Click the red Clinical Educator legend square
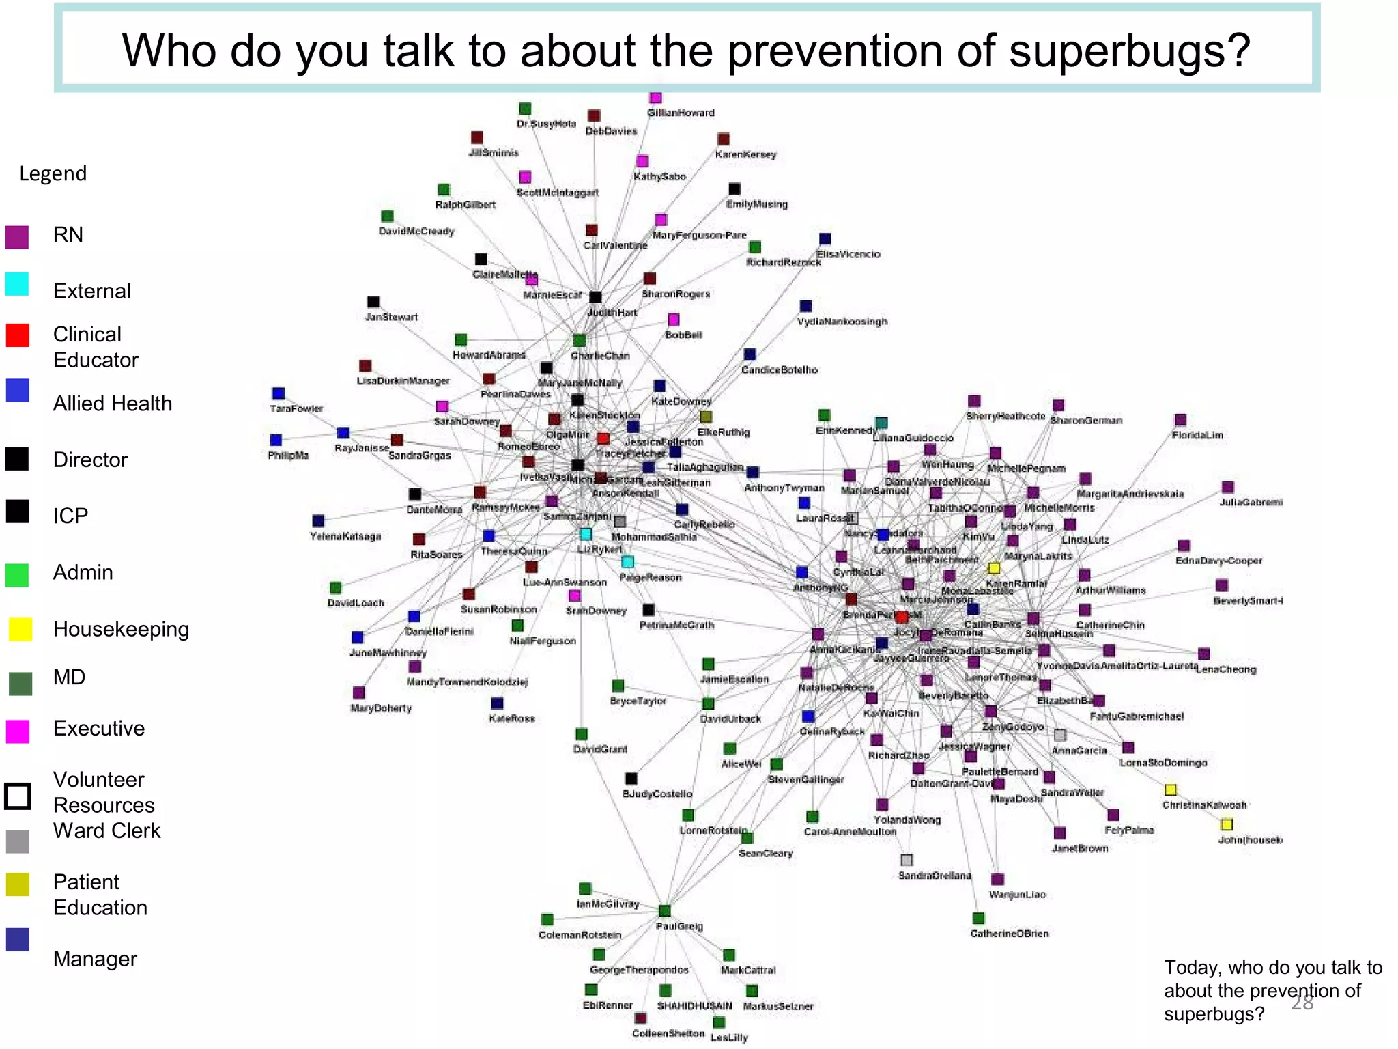[x=18, y=335]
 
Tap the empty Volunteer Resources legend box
[x=18, y=796]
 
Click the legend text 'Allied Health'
[x=113, y=404]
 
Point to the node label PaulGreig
[x=679, y=926]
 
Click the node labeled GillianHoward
[x=655, y=98]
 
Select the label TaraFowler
[x=296, y=409]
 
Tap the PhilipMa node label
[x=288, y=456]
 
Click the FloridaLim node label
[x=1197, y=435]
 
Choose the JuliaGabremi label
[x=1251, y=503]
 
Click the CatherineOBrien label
[x=1009, y=934]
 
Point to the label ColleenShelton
[x=668, y=1033]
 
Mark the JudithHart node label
[x=612, y=313]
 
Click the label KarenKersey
[x=745, y=155]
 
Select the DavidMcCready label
[x=416, y=232]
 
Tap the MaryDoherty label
[x=381, y=708]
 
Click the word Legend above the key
[x=53, y=173]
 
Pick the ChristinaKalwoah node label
[x=1204, y=805]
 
